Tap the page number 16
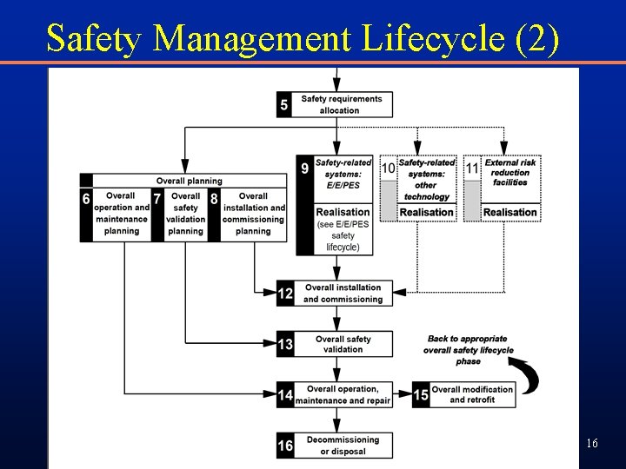point(591,444)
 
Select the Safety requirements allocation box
point(342,104)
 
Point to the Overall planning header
point(189,181)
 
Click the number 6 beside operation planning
point(86,199)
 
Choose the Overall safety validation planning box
point(185,214)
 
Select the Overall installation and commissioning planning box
point(253,214)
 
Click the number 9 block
point(304,168)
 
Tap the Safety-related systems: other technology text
point(426,179)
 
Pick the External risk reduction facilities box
point(509,172)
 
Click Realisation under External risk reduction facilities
point(509,212)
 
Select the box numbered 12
point(334,294)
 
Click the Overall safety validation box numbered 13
point(334,344)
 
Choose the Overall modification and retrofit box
point(472,394)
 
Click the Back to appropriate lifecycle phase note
point(468,349)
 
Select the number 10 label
point(388,168)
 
